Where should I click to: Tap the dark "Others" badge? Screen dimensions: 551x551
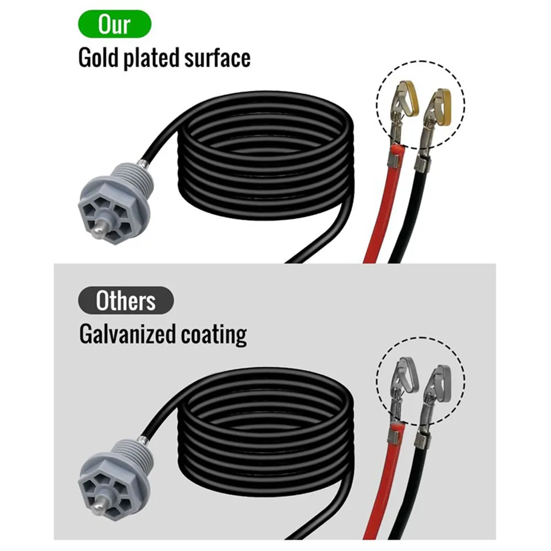126,301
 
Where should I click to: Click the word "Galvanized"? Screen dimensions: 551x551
127,334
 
